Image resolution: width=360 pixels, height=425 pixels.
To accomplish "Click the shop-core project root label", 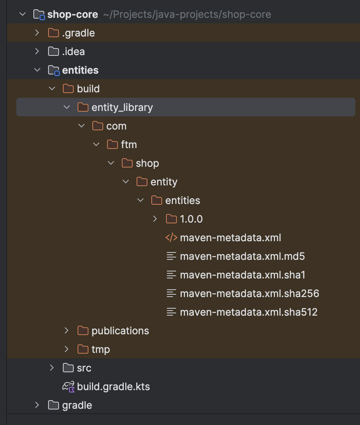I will (x=72, y=14).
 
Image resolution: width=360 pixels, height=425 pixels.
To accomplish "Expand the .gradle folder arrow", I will (x=37, y=33).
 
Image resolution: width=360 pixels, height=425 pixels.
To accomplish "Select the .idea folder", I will (x=73, y=52).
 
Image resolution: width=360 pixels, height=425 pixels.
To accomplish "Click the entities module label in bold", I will (x=80, y=70).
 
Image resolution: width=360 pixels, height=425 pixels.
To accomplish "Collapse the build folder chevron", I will (x=52, y=89).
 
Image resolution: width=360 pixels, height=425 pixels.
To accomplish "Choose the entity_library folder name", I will (x=122, y=107).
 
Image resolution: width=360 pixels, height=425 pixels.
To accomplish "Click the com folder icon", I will (x=98, y=126).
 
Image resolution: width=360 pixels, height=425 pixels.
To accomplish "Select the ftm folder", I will (x=128, y=145).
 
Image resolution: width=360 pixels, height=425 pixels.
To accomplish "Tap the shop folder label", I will (x=147, y=163).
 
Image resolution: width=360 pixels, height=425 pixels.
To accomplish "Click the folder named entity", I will (x=164, y=182).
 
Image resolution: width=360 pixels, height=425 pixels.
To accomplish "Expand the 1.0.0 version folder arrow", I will (x=155, y=219).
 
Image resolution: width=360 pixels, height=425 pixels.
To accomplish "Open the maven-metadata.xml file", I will (x=230, y=238).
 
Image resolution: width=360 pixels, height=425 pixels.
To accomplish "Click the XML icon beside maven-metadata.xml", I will (x=171, y=238).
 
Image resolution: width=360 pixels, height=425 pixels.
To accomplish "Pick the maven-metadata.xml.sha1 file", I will (x=242, y=275).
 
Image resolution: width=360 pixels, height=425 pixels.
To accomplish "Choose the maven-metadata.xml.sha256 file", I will (x=249, y=294).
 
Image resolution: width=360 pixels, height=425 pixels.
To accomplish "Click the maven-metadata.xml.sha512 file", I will (x=248, y=312).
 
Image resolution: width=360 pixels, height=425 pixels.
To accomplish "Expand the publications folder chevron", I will (x=67, y=331).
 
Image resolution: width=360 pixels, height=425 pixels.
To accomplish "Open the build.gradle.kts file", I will (x=113, y=387).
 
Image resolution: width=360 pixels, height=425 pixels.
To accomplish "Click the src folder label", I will (x=84, y=368).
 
